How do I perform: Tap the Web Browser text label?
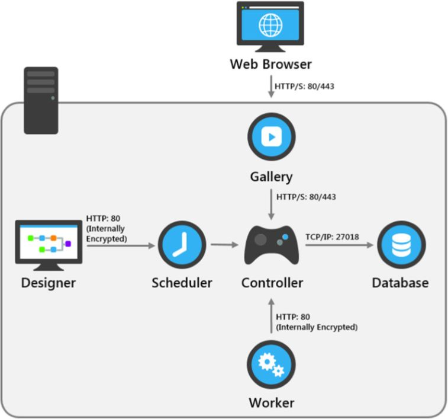pos(271,63)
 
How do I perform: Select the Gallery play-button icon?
pos(271,137)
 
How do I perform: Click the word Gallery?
pos(271,176)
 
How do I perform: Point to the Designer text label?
pos(48,283)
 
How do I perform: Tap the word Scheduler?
pos(182,283)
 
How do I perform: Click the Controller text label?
pos(272,283)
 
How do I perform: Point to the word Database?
pos(400,283)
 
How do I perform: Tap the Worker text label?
pos(271,403)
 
